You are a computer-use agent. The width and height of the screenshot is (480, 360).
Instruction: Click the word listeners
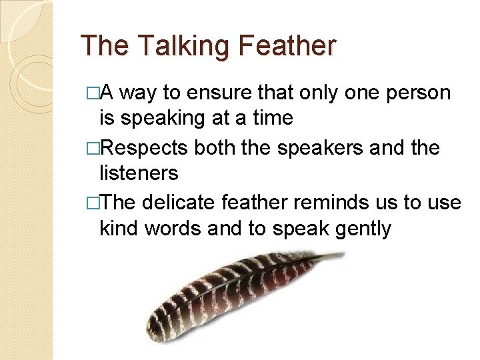point(139,174)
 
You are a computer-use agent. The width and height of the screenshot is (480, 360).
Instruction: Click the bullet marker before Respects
point(93,148)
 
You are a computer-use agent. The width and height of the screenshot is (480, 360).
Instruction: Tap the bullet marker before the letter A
point(93,93)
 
